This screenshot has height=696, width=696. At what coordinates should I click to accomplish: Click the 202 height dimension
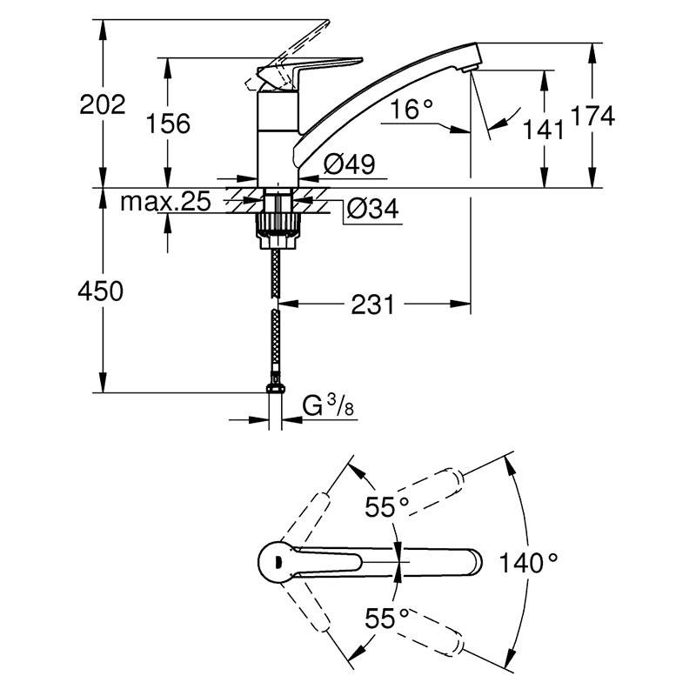103,106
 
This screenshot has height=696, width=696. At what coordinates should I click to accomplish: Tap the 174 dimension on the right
592,116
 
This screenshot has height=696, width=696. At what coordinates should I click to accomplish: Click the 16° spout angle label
412,110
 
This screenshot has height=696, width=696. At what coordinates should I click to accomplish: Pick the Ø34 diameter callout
371,209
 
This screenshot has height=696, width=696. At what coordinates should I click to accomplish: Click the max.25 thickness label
165,203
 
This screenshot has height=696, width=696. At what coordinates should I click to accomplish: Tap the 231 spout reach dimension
373,304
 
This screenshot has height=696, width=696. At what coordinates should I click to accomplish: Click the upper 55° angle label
386,508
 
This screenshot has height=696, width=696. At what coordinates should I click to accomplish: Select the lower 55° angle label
386,619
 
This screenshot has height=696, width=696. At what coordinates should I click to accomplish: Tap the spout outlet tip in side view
470,63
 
